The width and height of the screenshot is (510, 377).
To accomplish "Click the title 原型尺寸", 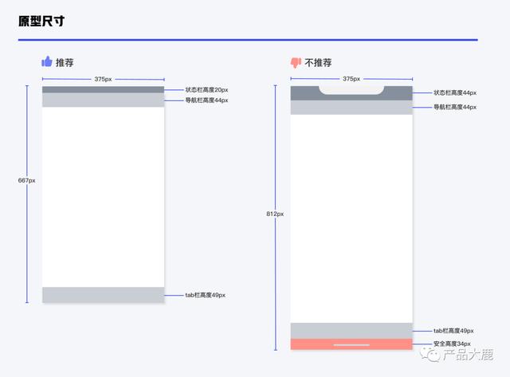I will (x=41, y=21).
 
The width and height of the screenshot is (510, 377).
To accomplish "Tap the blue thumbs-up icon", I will (x=47, y=61).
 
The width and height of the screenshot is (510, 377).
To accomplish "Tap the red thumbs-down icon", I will (x=296, y=62).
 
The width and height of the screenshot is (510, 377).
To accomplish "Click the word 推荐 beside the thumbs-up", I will (x=65, y=62).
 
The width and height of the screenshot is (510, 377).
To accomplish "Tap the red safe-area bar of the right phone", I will (x=351, y=344).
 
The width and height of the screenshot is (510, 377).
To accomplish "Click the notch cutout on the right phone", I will (x=351, y=89).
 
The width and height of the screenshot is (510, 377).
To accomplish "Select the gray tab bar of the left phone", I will (x=103, y=295).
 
